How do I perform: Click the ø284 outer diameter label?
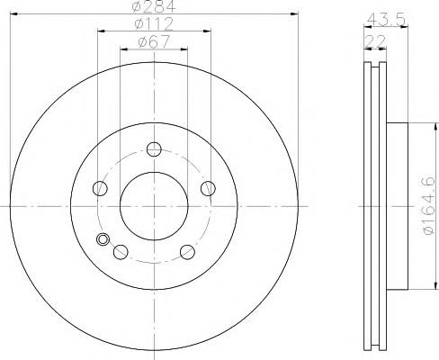click(x=153, y=6)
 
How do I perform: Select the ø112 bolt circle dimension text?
click(x=154, y=23)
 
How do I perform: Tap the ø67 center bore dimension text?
click(x=154, y=41)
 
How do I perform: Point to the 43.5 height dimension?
click(x=386, y=20)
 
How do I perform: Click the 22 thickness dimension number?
click(x=375, y=41)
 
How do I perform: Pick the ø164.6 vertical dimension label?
click(x=428, y=206)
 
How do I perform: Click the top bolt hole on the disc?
click(x=154, y=149)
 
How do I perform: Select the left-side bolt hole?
click(x=100, y=188)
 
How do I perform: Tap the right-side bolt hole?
click(x=208, y=188)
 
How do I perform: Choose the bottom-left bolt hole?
click(x=121, y=252)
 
